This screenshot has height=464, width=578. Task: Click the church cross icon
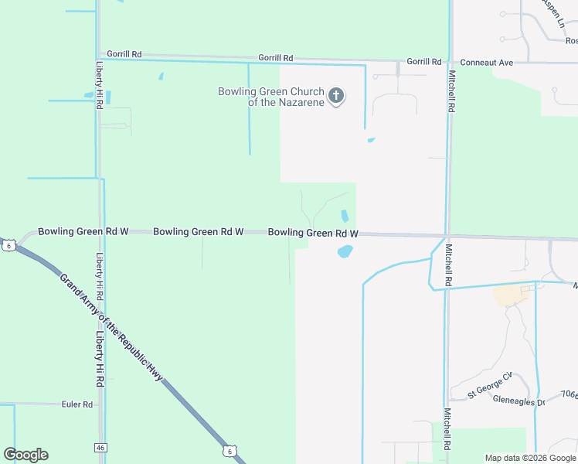click(x=336, y=96)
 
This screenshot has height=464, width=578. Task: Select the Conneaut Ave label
click(x=486, y=62)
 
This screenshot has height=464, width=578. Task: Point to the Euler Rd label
click(x=76, y=404)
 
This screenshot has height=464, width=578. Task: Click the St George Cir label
click(x=490, y=386)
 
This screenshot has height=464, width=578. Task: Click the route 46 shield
click(x=100, y=448)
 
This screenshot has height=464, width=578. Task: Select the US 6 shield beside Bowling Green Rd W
click(x=8, y=245)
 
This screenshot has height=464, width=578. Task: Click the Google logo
click(x=25, y=454)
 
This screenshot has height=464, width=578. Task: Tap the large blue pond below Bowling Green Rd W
click(x=345, y=251)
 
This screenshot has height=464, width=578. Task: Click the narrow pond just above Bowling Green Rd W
click(x=345, y=215)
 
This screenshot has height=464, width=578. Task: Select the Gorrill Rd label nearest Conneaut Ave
click(x=423, y=61)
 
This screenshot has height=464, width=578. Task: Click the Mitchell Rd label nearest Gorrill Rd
click(x=450, y=92)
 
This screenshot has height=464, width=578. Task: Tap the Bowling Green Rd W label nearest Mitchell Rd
click(x=313, y=233)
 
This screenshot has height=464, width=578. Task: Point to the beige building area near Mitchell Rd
click(x=508, y=294)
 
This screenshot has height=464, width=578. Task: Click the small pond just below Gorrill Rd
click(x=161, y=77)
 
